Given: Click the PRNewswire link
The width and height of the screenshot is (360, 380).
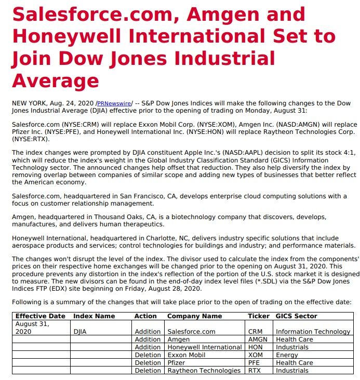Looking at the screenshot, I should click(x=114, y=103).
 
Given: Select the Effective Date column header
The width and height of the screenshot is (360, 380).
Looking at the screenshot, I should click(x=41, y=316).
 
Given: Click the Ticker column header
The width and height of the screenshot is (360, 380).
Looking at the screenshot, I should click(x=259, y=316).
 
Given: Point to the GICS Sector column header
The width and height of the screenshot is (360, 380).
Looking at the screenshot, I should click(x=296, y=316).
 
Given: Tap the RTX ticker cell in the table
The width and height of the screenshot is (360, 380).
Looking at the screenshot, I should click(x=255, y=371).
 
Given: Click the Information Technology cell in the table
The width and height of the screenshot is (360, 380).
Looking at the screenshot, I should click(x=313, y=331).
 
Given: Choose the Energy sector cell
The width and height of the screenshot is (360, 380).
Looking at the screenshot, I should click(x=287, y=355).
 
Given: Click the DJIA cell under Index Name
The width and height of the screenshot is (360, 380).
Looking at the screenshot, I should click(x=80, y=331).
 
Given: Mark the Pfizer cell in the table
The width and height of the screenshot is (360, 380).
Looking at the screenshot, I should click(x=177, y=363).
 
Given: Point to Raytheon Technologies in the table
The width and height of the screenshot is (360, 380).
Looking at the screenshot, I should click(x=204, y=371).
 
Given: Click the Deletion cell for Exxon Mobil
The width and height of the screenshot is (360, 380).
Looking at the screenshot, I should click(x=148, y=355).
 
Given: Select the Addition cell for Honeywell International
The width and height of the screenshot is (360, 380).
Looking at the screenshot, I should click(x=148, y=347).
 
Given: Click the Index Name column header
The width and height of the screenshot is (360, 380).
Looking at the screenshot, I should click(x=94, y=316).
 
